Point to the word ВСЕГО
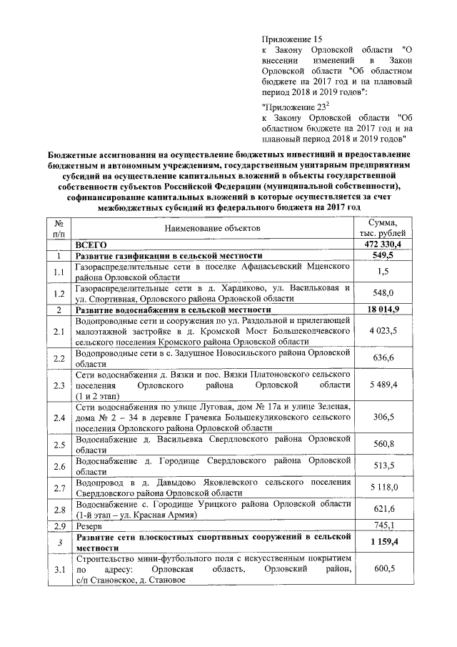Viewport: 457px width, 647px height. tap(91, 245)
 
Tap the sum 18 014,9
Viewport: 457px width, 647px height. tap(382, 310)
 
